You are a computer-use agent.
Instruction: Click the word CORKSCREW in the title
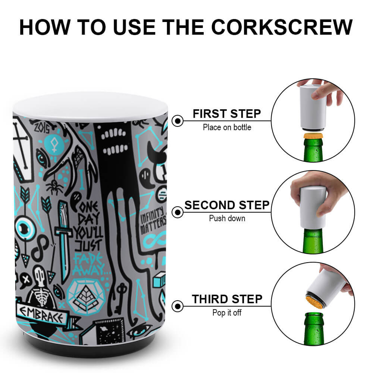[x=282, y=27]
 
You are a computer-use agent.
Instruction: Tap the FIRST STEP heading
[x=227, y=114]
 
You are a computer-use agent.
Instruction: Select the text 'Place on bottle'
[x=227, y=127]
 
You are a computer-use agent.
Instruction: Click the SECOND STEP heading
[x=227, y=205]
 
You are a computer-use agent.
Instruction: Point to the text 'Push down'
[x=227, y=218]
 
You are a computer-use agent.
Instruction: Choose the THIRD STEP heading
[x=227, y=299]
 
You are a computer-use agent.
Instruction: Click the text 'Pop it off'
[x=227, y=313]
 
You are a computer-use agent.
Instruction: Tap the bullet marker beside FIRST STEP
[x=178, y=120]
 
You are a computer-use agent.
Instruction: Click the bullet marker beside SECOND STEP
[x=178, y=212]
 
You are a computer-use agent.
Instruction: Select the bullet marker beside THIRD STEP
[x=178, y=306]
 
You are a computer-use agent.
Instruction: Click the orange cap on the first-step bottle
[x=313, y=136]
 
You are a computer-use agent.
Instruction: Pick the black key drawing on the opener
[x=119, y=298]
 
